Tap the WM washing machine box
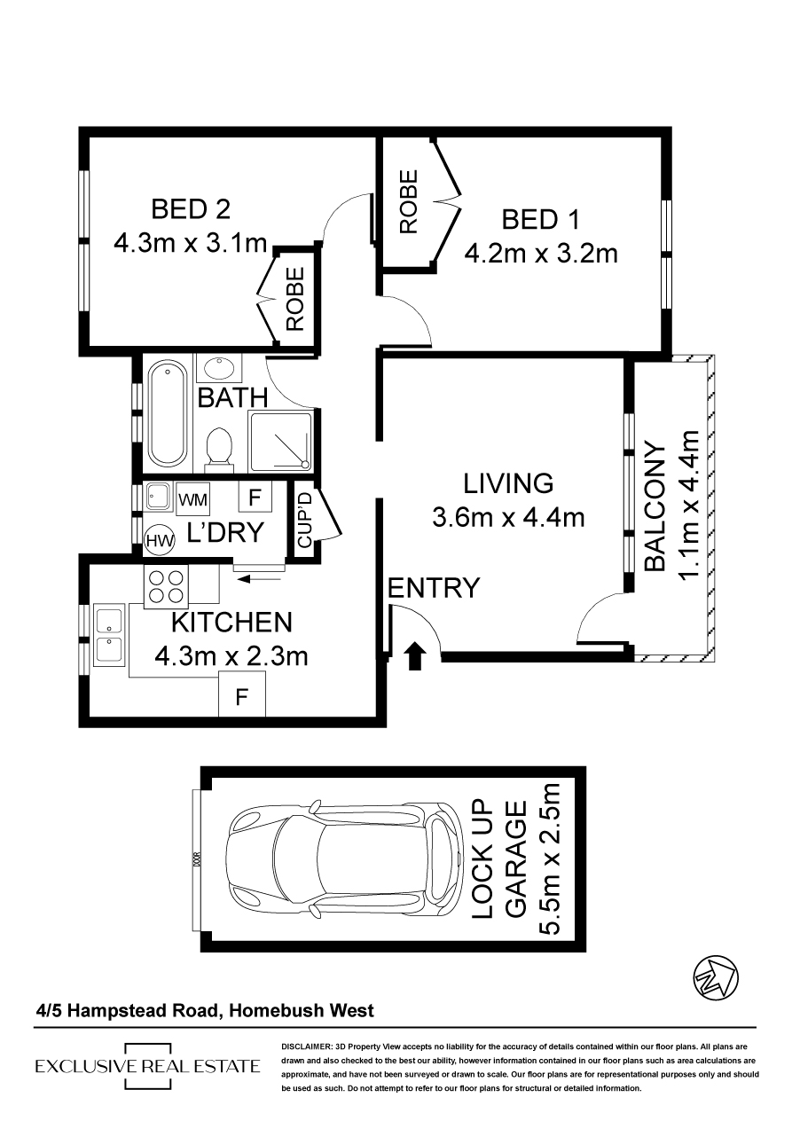click(192, 499)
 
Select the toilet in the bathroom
click(219, 450)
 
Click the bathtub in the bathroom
click(167, 414)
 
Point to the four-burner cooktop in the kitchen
click(166, 587)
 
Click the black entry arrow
click(415, 656)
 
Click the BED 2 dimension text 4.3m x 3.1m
click(190, 244)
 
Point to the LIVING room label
click(508, 483)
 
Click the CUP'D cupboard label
click(305, 520)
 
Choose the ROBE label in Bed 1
click(409, 201)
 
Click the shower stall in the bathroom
click(280, 442)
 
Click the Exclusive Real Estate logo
click(147, 1066)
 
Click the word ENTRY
click(434, 587)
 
